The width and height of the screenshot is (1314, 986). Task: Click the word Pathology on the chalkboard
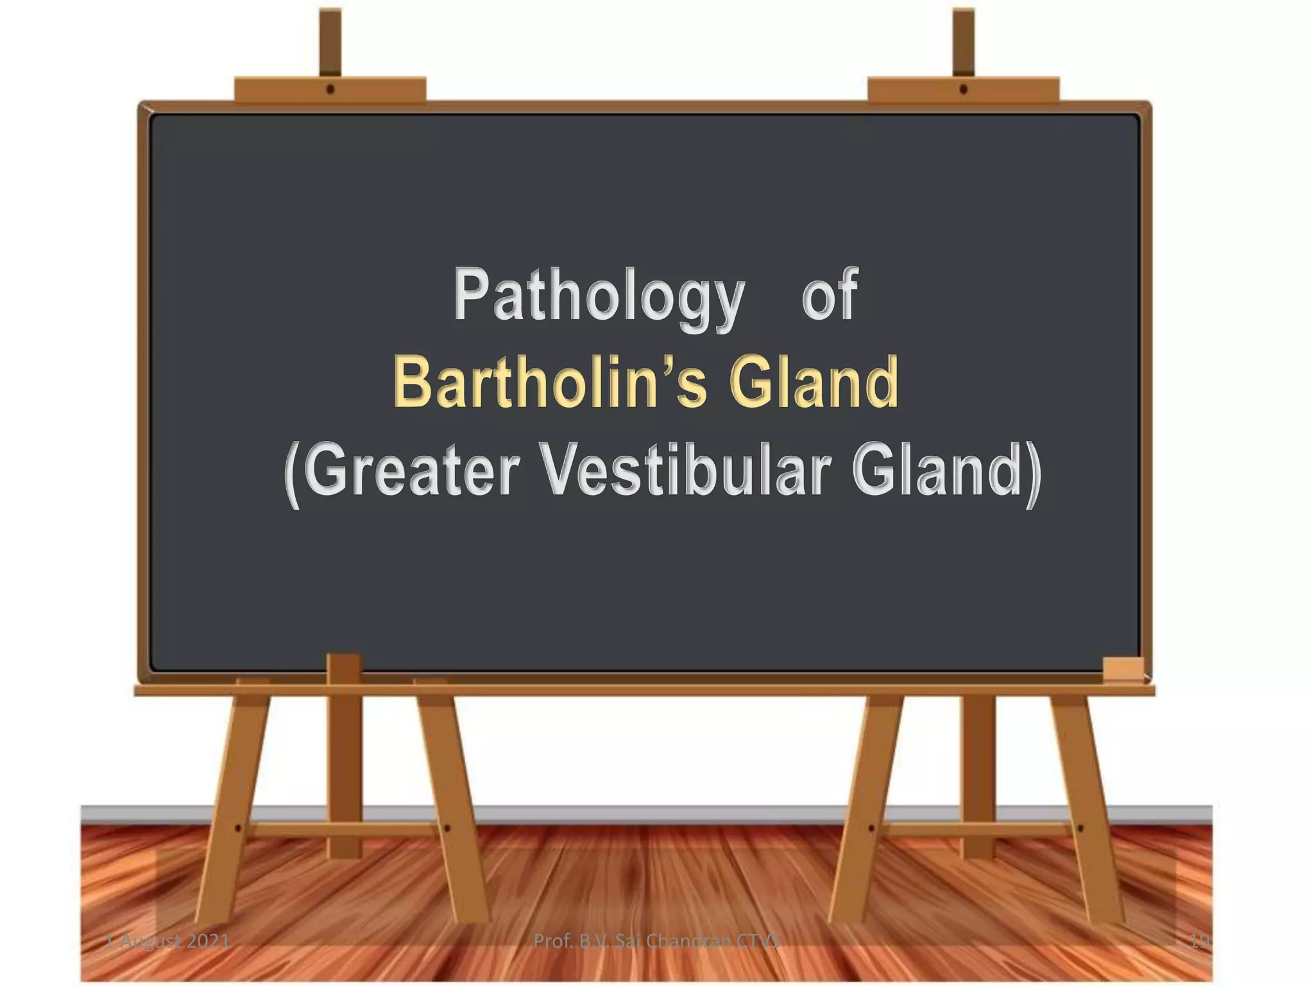tap(598, 297)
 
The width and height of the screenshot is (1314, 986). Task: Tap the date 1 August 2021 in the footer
tap(168, 941)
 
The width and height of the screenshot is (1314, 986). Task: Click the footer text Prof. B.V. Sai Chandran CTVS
tap(657, 941)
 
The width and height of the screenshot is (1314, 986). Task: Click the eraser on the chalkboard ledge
tap(1123, 669)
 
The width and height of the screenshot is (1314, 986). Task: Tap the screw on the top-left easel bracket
tap(330, 90)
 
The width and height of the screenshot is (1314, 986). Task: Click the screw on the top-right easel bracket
tap(963, 90)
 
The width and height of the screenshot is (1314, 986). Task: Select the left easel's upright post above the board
tap(330, 42)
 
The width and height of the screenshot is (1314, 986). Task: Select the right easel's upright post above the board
tap(963, 42)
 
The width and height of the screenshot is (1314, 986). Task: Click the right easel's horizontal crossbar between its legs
tap(976, 829)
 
